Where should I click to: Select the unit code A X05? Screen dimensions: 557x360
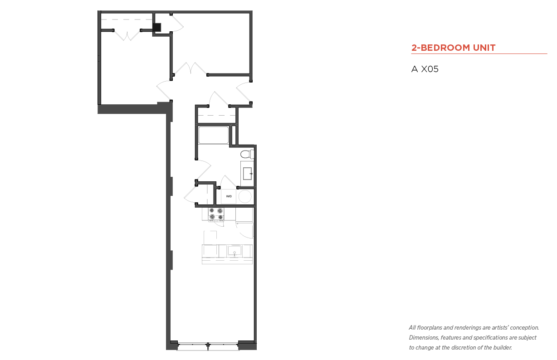(425, 69)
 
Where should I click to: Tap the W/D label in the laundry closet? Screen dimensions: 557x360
(229, 196)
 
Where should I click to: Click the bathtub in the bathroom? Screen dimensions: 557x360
(214, 135)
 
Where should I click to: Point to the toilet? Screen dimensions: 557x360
(247, 154)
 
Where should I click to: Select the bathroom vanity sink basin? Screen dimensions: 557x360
(247, 173)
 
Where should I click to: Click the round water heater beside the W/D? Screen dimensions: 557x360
(245, 196)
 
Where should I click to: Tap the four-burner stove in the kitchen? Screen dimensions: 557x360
(216, 214)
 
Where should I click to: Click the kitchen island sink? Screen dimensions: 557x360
(234, 251)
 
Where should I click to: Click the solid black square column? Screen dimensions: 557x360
(157, 27)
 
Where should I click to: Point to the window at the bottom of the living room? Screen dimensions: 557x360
(208, 346)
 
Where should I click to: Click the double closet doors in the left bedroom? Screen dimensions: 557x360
(127, 35)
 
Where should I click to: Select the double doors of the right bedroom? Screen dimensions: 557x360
(191, 68)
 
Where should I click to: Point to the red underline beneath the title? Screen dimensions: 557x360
(479, 54)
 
